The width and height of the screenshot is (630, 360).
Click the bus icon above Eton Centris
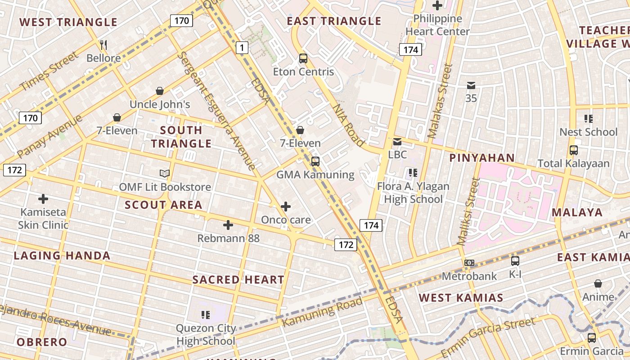click(x=303, y=58)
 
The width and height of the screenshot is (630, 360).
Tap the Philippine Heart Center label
click(x=437, y=25)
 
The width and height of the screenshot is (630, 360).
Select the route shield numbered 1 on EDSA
click(x=242, y=47)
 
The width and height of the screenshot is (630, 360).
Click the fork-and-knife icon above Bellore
click(x=103, y=45)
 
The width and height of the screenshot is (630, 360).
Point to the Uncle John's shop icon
click(x=160, y=91)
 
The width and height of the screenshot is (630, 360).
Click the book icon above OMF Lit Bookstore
click(x=165, y=173)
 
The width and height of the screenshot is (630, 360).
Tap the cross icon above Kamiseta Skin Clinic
click(x=43, y=198)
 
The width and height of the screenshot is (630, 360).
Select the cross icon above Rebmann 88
click(x=228, y=225)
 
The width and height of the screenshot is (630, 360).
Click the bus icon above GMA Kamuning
click(x=315, y=161)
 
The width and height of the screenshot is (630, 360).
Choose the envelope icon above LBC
click(x=397, y=142)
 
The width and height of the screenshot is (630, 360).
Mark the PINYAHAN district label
click(x=482, y=157)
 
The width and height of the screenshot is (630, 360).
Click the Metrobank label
click(x=469, y=276)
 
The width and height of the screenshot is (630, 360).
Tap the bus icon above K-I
click(x=515, y=261)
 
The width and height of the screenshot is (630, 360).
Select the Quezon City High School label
click(x=206, y=334)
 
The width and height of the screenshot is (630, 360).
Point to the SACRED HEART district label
click(x=238, y=279)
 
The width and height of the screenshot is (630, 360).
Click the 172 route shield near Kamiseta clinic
click(x=14, y=170)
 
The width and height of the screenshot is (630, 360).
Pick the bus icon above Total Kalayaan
click(x=574, y=150)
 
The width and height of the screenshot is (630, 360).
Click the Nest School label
click(x=588, y=132)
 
